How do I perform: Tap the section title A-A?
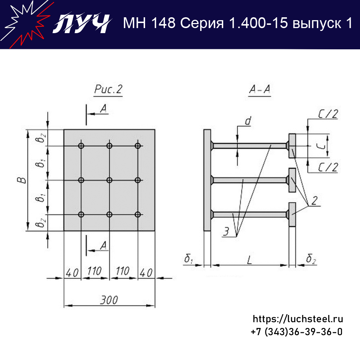click(x=260, y=89)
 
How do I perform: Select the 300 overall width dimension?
click(x=109, y=300)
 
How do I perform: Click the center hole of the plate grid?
click(x=109, y=180)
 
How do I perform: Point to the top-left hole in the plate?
click(x=81, y=146)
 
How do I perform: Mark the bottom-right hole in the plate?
click(x=138, y=215)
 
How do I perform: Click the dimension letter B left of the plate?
click(x=22, y=180)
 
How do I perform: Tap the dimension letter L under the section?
click(x=249, y=260)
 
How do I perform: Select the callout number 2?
click(x=315, y=201)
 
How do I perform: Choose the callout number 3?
click(x=226, y=231)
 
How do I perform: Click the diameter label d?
click(x=248, y=121)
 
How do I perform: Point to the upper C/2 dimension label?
click(x=328, y=114)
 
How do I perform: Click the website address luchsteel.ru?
click(x=298, y=319)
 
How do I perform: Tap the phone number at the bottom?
click(x=297, y=332)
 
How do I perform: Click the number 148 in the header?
click(x=163, y=23)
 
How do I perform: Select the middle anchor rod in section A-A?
click(x=249, y=180)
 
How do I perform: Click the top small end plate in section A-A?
click(x=292, y=146)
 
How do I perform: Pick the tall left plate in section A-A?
click(x=207, y=180)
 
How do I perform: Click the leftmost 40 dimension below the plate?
click(x=72, y=273)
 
